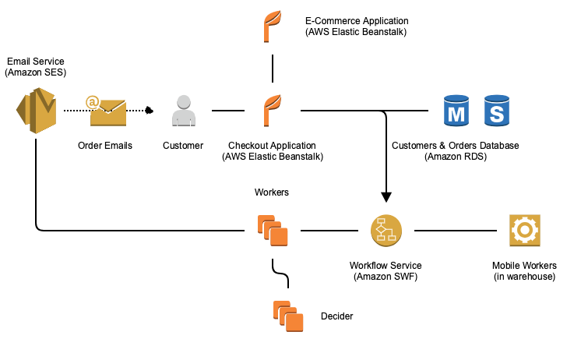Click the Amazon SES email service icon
coord(36,110)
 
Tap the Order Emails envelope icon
coord(107,111)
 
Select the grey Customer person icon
coord(184,111)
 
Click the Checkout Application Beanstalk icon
coord(272,111)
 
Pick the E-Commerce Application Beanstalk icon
coord(272,24)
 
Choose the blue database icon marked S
coord(496,111)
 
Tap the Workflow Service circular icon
coord(386,231)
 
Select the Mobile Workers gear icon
coord(523,231)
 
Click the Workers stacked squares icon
coord(273,231)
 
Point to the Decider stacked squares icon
coord(288,315)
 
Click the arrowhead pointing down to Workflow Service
coord(386,197)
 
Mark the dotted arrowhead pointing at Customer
coord(148,111)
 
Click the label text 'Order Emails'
coord(105,146)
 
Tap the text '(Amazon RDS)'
coord(455,157)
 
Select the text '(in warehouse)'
coord(524,277)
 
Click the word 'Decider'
coord(336,316)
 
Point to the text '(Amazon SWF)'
coord(385,277)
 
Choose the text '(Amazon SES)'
coord(35,72)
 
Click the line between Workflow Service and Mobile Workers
coord(456,231)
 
